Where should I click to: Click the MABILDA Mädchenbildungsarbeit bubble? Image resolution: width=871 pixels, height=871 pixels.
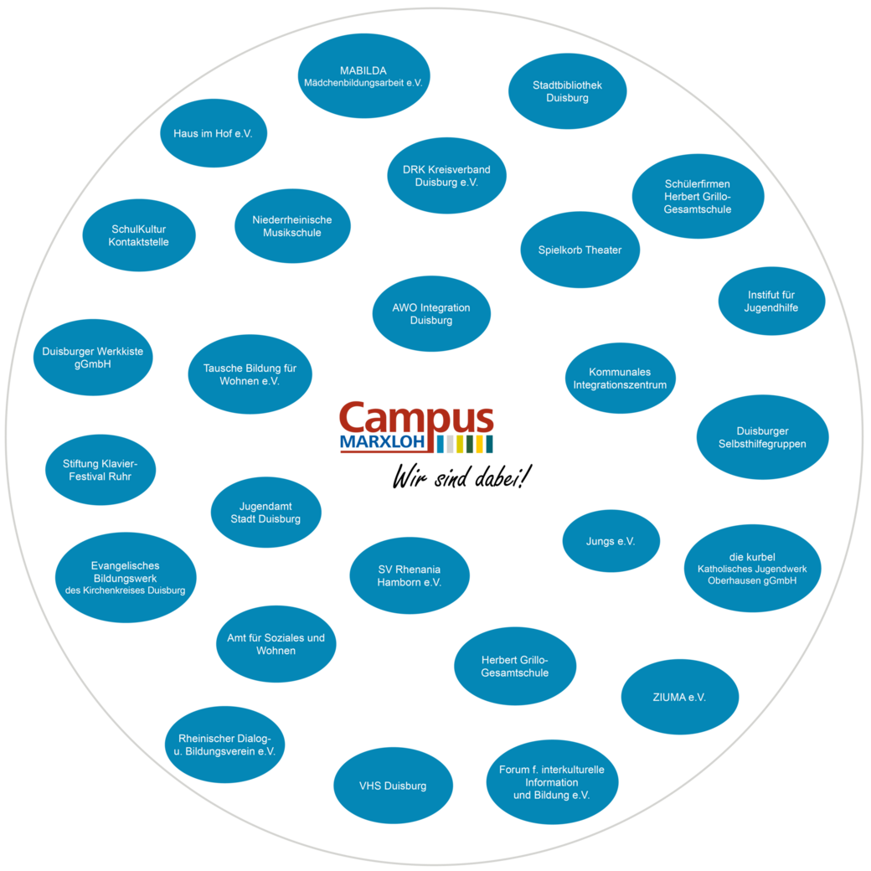click(363, 76)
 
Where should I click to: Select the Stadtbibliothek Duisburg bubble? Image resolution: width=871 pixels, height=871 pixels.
click(567, 91)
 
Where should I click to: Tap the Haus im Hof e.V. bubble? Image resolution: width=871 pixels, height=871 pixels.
click(214, 133)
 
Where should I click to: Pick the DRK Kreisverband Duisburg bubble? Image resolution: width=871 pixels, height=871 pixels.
click(446, 176)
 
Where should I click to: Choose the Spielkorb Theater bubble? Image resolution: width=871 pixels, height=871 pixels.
click(580, 250)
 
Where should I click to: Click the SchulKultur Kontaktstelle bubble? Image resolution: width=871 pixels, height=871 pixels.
click(139, 235)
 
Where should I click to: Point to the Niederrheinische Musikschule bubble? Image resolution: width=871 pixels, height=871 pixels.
click(291, 226)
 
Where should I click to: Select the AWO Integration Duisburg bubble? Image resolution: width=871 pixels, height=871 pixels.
click(431, 314)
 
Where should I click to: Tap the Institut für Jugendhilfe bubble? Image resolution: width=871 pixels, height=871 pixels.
click(771, 301)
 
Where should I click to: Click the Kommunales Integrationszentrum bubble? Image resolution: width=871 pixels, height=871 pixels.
click(620, 379)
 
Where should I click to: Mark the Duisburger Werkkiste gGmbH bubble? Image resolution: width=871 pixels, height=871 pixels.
click(93, 358)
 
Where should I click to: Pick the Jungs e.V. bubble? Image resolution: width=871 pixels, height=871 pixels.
click(611, 541)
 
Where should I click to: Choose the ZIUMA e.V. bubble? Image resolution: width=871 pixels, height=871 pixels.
click(679, 697)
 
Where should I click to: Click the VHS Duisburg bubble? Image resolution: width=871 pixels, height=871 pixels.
click(393, 786)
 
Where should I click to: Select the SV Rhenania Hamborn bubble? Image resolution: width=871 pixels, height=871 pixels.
click(409, 576)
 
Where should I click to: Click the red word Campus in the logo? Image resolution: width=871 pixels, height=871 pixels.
click(416, 418)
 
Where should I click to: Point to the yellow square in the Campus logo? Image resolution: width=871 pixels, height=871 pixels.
click(480, 445)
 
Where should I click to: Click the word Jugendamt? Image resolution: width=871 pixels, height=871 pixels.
click(265, 507)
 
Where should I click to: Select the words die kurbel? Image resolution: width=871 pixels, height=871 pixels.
click(752, 557)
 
